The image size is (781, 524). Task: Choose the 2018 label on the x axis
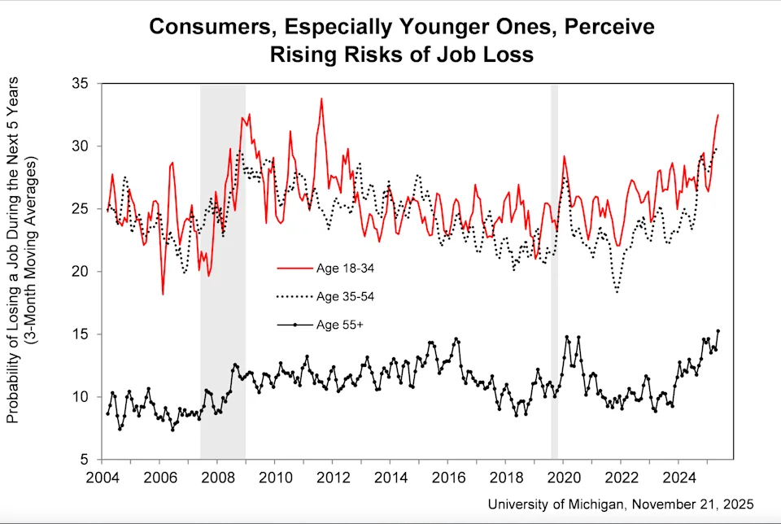coord(506,478)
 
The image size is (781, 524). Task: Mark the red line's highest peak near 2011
coord(321,98)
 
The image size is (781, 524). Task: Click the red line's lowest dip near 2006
coord(163,294)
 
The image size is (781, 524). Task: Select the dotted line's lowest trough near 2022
coord(617,291)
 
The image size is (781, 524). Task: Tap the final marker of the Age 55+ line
coord(718,331)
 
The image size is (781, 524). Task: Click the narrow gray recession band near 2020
coord(554,269)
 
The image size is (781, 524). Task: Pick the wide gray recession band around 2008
coord(223,269)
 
